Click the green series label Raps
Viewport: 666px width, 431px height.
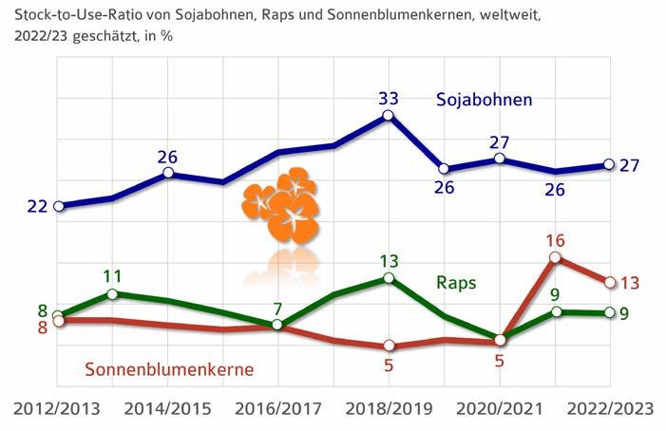[x=456, y=282]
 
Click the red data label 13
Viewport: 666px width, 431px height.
[x=628, y=282]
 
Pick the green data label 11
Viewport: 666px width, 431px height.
[x=113, y=277]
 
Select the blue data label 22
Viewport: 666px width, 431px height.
[x=37, y=206]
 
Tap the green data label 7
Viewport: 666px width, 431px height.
[x=276, y=308]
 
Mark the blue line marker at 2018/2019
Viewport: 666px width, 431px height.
[x=388, y=116]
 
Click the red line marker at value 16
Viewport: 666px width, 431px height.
[x=555, y=257]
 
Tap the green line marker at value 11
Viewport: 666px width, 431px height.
[x=113, y=294]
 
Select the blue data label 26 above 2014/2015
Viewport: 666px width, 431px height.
[x=168, y=157]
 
